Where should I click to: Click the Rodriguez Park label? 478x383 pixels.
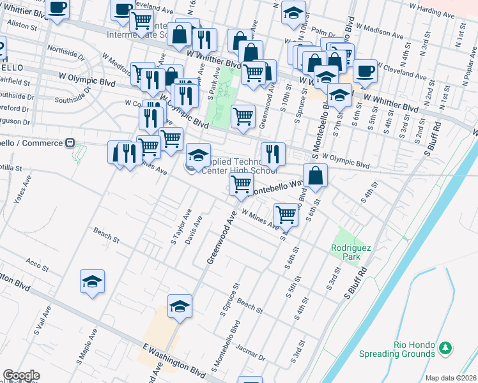346,252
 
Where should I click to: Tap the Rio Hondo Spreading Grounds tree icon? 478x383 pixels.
445,348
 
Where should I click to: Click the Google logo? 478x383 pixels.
21,375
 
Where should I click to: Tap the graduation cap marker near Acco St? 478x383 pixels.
92,282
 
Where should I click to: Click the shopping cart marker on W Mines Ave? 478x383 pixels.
286,214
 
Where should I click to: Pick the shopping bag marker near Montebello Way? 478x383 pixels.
316,176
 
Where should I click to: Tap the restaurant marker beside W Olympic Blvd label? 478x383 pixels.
273,153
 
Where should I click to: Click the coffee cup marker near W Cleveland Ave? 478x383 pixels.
366,70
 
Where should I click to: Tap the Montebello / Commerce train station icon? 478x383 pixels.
71,143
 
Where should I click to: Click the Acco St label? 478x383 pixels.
34,262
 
